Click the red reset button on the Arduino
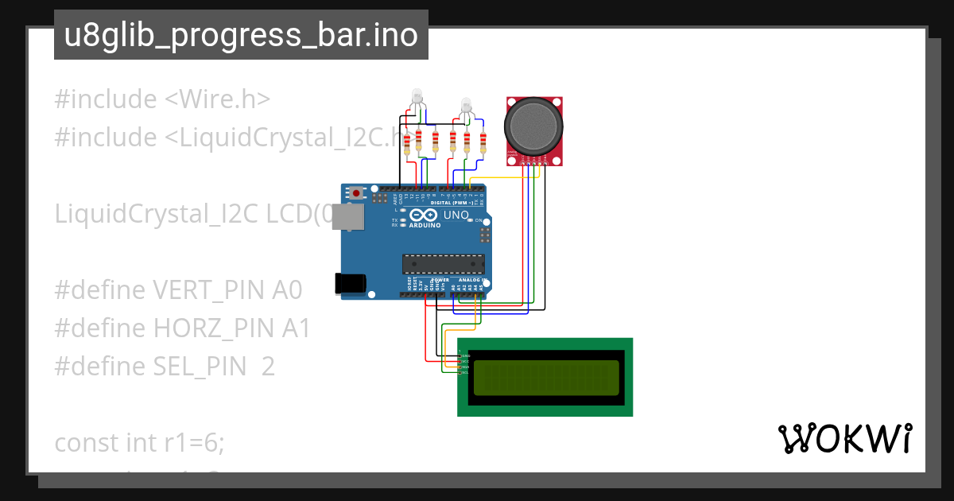pyautogui.click(x=357, y=193)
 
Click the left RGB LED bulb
pyautogui.click(x=417, y=98)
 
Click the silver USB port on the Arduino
pyautogui.click(x=347, y=216)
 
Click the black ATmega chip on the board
pyautogui.click(x=443, y=263)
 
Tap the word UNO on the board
pyautogui.click(x=456, y=215)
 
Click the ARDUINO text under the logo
pyautogui.click(x=425, y=225)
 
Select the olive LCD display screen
pyautogui.click(x=545, y=378)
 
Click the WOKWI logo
pyautogui.click(x=844, y=439)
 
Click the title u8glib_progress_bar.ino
pyautogui.click(x=241, y=36)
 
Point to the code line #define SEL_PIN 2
pyautogui.click(x=165, y=367)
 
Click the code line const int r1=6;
pyautogui.click(x=140, y=442)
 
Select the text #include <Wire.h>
pyautogui.click(x=163, y=99)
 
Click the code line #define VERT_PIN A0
pyautogui.click(x=179, y=290)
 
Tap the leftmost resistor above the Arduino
pyautogui.click(x=407, y=143)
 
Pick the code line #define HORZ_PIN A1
pyautogui.click(x=182, y=328)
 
